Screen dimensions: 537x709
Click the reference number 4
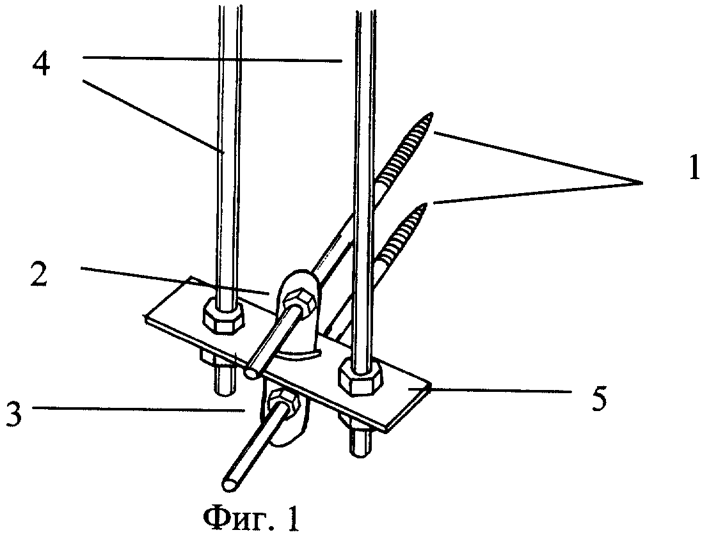point(43,65)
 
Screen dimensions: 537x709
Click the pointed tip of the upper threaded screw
point(433,116)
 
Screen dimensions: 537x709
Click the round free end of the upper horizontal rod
point(252,369)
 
